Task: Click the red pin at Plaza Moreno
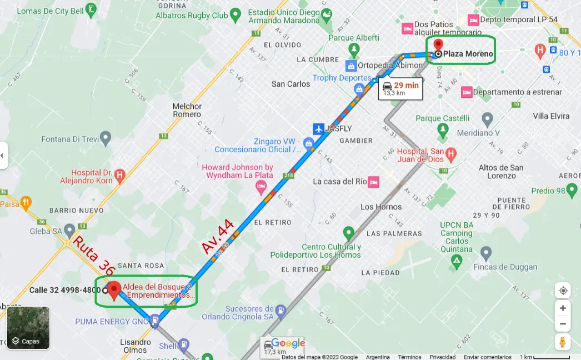[438, 45]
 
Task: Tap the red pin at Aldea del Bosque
[114, 289]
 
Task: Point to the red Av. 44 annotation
[218, 237]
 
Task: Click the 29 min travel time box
[400, 88]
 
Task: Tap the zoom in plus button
[563, 308]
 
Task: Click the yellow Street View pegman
[563, 342]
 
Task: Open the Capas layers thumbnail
[28, 328]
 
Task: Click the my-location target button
[563, 291]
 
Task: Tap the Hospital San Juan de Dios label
[420, 155]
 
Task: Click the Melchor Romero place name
[187, 110]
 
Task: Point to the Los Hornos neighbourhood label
[381, 207]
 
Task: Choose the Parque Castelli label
[443, 118]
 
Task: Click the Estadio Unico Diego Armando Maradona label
[284, 16]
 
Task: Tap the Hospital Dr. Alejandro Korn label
[93, 176]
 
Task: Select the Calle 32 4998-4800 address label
[64, 290]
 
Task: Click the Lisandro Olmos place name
[136, 346]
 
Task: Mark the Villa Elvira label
[551, 116]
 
